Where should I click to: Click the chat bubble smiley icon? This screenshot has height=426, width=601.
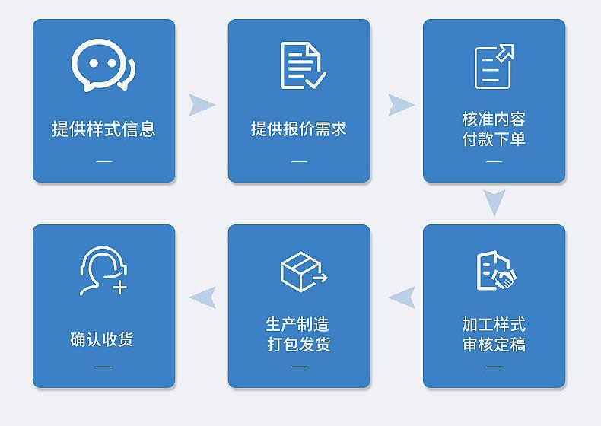click(x=103, y=65)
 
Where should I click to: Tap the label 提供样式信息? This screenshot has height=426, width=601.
click(x=103, y=129)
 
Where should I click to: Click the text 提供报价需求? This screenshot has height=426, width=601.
click(x=299, y=129)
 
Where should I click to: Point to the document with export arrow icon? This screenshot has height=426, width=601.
click(x=494, y=66)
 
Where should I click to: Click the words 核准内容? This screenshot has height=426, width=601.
click(x=494, y=119)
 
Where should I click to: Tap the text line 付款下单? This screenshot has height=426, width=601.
click(x=494, y=139)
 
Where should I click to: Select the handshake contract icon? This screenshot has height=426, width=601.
click(x=495, y=271)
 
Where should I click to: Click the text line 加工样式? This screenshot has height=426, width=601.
click(x=494, y=325)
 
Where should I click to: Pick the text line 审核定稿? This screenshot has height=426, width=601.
click(x=494, y=345)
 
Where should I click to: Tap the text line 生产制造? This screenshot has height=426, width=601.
click(x=299, y=325)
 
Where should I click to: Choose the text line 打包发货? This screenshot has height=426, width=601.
click(x=299, y=345)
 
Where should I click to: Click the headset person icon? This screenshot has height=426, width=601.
click(x=103, y=271)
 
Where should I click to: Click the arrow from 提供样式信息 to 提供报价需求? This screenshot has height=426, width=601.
click(x=201, y=105)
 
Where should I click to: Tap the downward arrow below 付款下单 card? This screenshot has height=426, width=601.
click(x=494, y=203)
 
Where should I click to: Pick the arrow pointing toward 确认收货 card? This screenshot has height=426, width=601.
click(x=202, y=297)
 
